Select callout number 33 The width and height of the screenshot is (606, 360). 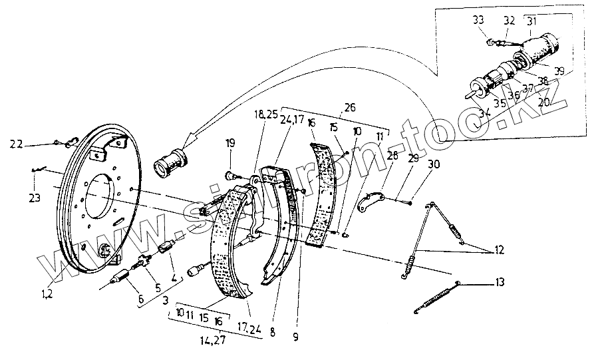[x=479, y=20]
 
